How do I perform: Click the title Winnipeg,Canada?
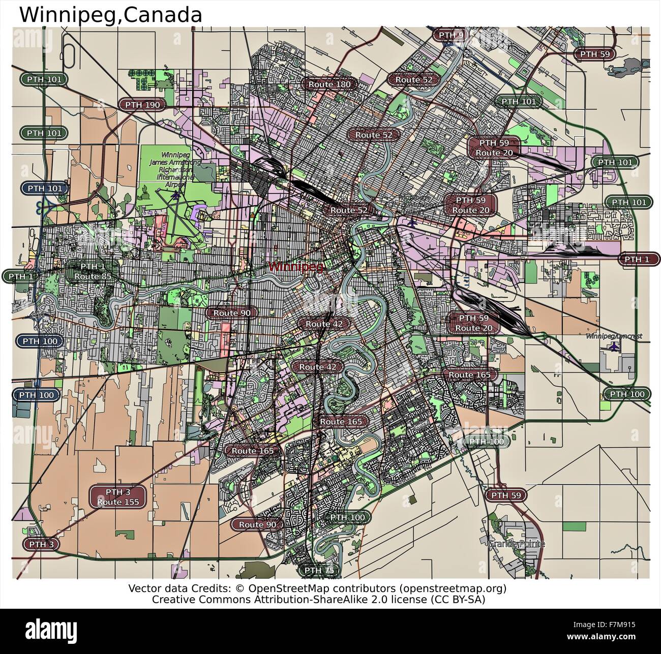[110, 15]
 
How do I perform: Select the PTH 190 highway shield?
[142, 105]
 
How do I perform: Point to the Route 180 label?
[330, 84]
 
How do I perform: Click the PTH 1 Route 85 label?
[93, 271]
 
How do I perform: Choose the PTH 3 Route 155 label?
[118, 497]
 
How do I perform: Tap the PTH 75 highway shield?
[319, 571]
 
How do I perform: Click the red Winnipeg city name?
[295, 266]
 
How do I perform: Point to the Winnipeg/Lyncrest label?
[614, 336]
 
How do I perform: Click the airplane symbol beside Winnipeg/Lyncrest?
[615, 347]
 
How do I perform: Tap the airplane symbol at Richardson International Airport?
[176, 194]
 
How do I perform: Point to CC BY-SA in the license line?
[457, 600]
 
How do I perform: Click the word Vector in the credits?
[143, 588]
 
